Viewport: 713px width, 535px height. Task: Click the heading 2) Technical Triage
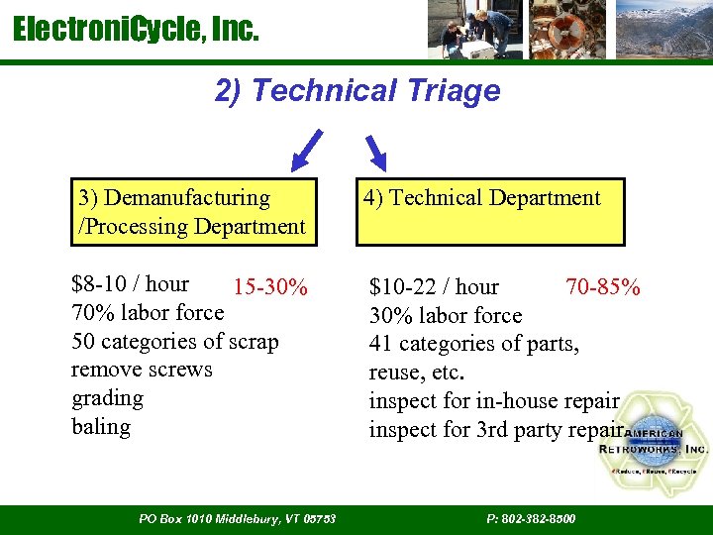tap(356, 91)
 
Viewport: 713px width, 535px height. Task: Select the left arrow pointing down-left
tap(308, 150)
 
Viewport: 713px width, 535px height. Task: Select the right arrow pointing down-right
tap(377, 152)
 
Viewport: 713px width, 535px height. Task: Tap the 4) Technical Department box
tap(490, 212)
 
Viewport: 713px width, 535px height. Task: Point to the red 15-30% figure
tap(270, 288)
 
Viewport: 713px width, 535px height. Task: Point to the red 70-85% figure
tap(602, 288)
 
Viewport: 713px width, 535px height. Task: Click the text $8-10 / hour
tap(130, 284)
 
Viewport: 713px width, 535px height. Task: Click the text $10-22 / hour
tap(434, 288)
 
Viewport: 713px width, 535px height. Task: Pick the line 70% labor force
tap(148, 313)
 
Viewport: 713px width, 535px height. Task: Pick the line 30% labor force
tap(445, 316)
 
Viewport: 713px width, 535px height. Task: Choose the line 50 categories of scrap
tap(175, 342)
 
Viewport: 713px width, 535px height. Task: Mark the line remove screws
tap(142, 370)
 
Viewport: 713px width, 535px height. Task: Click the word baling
tap(101, 427)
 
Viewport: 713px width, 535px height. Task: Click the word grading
tap(107, 398)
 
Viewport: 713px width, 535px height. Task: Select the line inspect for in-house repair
tap(493, 401)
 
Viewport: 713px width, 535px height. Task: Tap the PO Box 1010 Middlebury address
tap(238, 519)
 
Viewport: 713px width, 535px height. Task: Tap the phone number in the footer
tap(531, 519)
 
